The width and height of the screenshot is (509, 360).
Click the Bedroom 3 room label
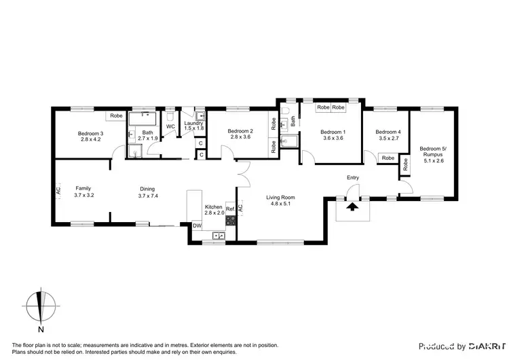92,133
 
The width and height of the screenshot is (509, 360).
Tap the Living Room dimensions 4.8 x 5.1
282,204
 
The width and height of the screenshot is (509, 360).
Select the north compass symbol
41,310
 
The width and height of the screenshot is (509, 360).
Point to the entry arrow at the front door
352,206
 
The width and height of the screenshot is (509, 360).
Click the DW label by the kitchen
197,226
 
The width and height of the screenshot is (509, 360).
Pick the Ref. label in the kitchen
230,209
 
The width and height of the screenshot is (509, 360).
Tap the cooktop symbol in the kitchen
230,220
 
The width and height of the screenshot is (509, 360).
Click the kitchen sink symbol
219,236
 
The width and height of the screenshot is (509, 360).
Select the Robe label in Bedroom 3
117,116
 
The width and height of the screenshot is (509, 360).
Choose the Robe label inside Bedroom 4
388,158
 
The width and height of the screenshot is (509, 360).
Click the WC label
170,126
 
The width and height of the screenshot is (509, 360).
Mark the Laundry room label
193,123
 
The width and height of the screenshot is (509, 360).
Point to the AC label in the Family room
58,193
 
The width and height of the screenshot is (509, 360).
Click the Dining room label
147,189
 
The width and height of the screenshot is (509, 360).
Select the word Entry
352,178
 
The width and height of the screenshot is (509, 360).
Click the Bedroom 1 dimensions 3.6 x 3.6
333,138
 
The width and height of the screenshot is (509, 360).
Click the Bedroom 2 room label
240,131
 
